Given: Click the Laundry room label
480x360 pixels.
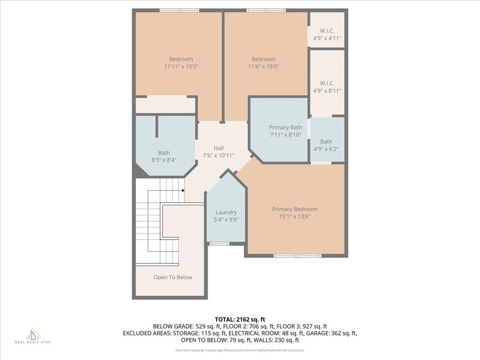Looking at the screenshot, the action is pyautogui.click(x=226, y=212).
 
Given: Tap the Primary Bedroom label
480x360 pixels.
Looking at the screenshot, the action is pyautogui.click(x=294, y=209).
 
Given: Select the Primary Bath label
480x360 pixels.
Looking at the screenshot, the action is pyautogui.click(x=285, y=127).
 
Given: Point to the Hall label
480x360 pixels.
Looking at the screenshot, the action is pyautogui.click(x=218, y=148).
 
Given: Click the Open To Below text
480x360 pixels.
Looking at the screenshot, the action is pyautogui.click(x=172, y=277).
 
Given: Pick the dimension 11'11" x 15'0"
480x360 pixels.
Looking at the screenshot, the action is pyautogui.click(x=181, y=67).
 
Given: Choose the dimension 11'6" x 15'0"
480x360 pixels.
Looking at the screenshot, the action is pyautogui.click(x=263, y=67).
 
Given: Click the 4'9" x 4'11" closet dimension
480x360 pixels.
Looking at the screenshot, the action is pyautogui.click(x=327, y=38).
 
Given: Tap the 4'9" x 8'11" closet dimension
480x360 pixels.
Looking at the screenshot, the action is pyautogui.click(x=327, y=90).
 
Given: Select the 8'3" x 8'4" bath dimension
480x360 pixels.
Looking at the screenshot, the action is pyautogui.click(x=164, y=160).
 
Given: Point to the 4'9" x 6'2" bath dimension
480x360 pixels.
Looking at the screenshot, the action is pyautogui.click(x=326, y=149).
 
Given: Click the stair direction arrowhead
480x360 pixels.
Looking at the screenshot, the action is pyautogui.click(x=183, y=190).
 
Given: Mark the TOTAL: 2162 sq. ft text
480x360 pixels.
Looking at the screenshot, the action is pyautogui.click(x=240, y=320).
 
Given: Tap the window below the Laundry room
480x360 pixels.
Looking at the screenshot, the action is pyautogui.click(x=219, y=244).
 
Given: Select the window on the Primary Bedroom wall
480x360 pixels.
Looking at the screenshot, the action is pyautogui.click(x=297, y=255).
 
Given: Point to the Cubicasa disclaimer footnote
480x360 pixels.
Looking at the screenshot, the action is pyautogui.click(x=240, y=350).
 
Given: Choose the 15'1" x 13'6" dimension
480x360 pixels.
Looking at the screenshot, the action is pyautogui.click(x=294, y=217).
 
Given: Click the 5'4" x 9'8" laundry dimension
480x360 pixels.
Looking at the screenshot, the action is pyautogui.click(x=226, y=219).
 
